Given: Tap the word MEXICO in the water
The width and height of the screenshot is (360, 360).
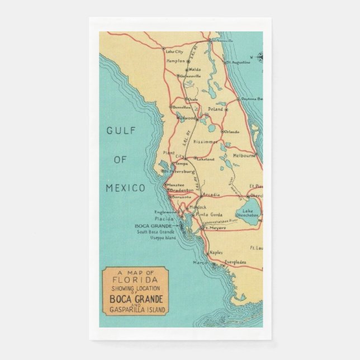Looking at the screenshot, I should pos(125,187).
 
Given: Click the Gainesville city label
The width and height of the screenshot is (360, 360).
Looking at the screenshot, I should pos(190,76).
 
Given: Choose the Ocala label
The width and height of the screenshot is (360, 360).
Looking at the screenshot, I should pos(193,99).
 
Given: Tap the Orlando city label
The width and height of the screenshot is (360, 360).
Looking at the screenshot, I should pos(232,132).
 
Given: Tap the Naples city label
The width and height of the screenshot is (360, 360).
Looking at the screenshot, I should pos(216,253).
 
